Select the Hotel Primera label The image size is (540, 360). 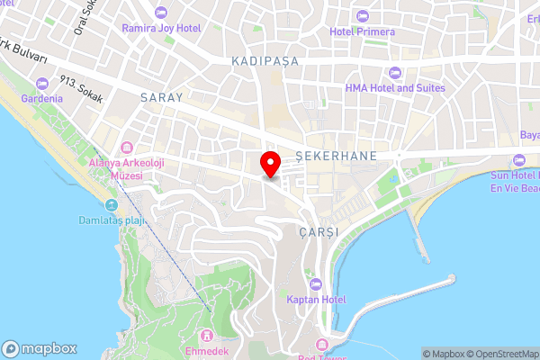[x=362, y=31]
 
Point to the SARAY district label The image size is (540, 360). [x=161, y=97]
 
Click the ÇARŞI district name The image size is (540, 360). [x=320, y=231]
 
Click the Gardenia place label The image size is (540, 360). [x=42, y=98]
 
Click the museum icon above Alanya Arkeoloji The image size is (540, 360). [x=125, y=148]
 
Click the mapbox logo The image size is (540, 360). [x=39, y=348]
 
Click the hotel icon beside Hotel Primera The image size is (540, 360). [x=362, y=16]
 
